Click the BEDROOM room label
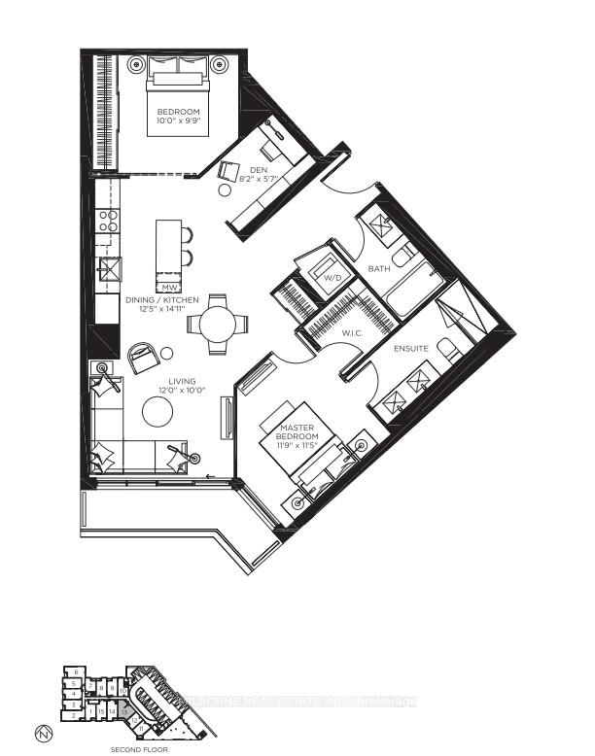point(179,113)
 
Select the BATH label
point(379,268)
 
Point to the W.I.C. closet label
point(352,334)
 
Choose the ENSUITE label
point(409,347)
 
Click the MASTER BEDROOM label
point(297,430)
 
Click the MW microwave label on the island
point(169,288)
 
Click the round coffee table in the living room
point(157,414)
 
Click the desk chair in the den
point(228,171)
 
